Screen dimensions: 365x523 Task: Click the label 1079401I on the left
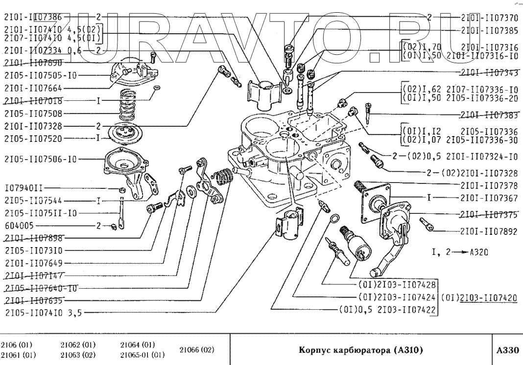click(24, 187)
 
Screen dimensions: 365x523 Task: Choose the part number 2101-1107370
click(489, 18)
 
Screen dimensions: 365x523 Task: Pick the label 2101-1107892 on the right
click(489, 232)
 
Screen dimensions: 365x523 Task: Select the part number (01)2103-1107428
click(397, 284)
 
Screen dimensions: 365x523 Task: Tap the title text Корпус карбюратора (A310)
click(360, 350)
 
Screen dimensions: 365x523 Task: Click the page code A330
click(507, 350)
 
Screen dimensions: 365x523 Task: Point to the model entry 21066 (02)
click(197, 350)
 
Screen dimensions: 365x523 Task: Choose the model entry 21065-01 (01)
click(142, 355)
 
